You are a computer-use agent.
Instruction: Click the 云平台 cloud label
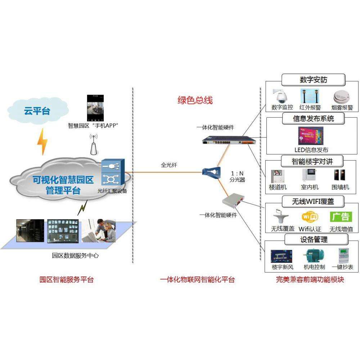point(37,111)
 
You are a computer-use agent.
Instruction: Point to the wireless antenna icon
point(94,144)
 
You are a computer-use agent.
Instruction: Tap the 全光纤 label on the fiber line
point(168,166)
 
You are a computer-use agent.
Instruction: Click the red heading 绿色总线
point(195,100)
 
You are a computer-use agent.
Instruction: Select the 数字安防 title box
point(313,80)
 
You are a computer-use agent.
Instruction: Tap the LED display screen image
point(310,136)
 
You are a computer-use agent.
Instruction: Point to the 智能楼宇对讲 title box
point(312,160)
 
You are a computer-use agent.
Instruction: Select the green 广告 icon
point(340,216)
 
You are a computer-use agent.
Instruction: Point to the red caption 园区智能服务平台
point(66,279)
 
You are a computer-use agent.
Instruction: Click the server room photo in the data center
point(30,231)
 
